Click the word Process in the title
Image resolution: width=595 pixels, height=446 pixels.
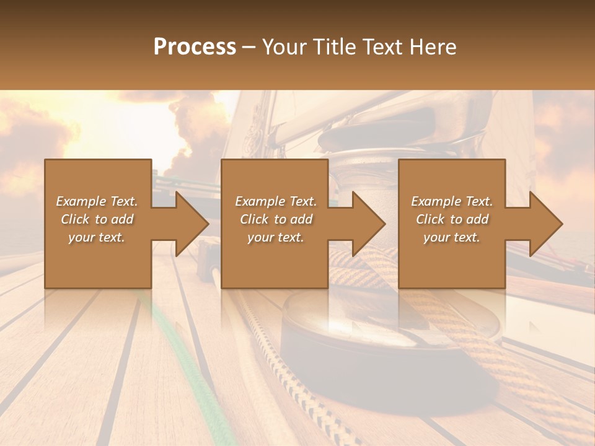point(195,47)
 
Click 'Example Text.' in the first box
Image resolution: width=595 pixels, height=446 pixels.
point(97,201)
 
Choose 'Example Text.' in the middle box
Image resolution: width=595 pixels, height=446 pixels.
point(276,201)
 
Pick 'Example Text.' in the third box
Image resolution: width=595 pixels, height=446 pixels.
point(452,201)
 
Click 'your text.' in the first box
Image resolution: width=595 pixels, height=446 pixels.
point(97,237)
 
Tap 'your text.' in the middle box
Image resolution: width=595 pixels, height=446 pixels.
point(276,237)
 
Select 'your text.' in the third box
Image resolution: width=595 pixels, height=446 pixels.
point(452,237)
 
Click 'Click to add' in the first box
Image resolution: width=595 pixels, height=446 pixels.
point(97,219)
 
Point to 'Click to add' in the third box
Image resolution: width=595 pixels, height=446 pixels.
point(452,219)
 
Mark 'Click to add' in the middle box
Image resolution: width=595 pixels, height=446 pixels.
point(276,219)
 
